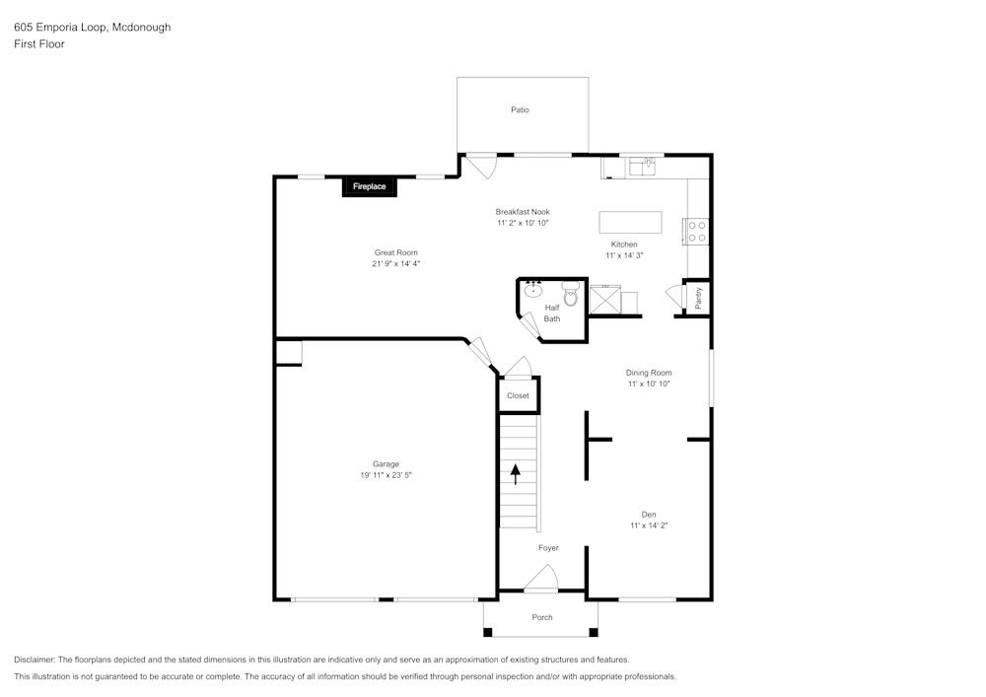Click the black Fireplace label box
(370, 186)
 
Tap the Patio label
(520, 109)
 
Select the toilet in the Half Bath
(570, 294)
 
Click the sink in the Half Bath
(533, 290)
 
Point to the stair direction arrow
(515, 473)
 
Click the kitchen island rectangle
(630, 222)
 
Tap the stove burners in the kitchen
(697, 231)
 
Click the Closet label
(518, 395)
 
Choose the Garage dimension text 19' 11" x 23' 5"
(386, 475)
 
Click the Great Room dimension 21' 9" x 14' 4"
(396, 263)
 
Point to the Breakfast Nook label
(523, 212)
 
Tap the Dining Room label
(649, 373)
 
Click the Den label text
(649, 515)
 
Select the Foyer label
(548, 548)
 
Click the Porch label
(542, 617)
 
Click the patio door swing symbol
(480, 166)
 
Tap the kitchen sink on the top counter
(641, 167)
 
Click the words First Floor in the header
(39, 44)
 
